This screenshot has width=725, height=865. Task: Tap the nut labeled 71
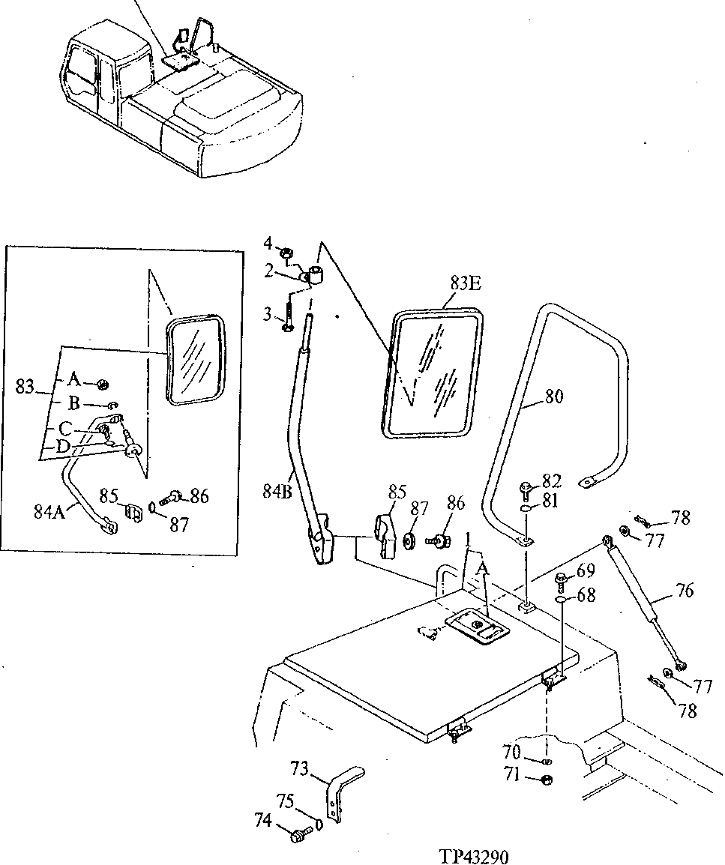click(x=547, y=780)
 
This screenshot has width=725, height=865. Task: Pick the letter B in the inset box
click(x=74, y=403)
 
